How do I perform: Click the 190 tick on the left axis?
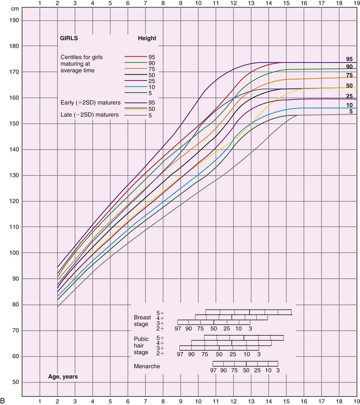click(x=15, y=20)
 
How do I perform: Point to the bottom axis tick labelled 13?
click(x=252, y=400)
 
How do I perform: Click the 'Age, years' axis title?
click(x=62, y=377)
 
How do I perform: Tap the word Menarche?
click(x=148, y=366)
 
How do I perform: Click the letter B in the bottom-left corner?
click(x=4, y=400)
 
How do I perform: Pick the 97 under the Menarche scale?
click(x=213, y=370)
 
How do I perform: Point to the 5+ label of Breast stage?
click(x=160, y=313)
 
